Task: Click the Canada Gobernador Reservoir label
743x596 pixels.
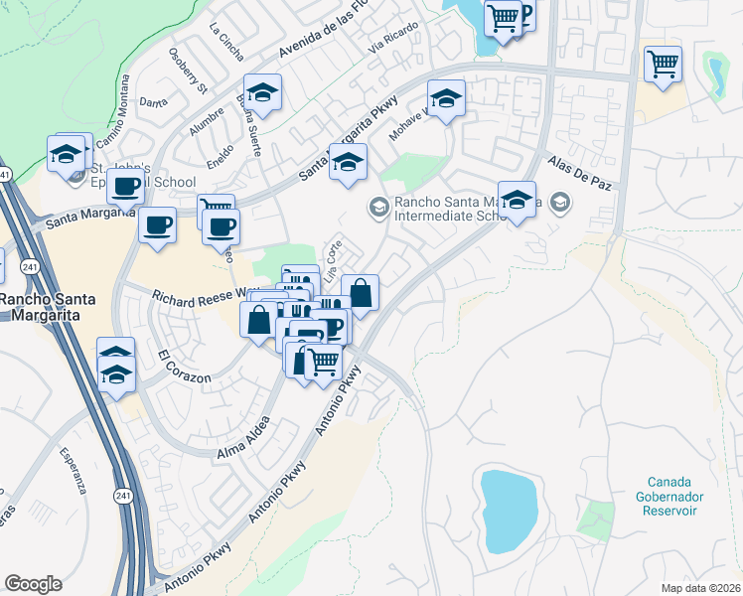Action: [x=669, y=498]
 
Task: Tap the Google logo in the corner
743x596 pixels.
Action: [x=33, y=583]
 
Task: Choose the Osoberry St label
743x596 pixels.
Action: [x=187, y=72]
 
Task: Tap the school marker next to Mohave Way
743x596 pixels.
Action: [x=446, y=97]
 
